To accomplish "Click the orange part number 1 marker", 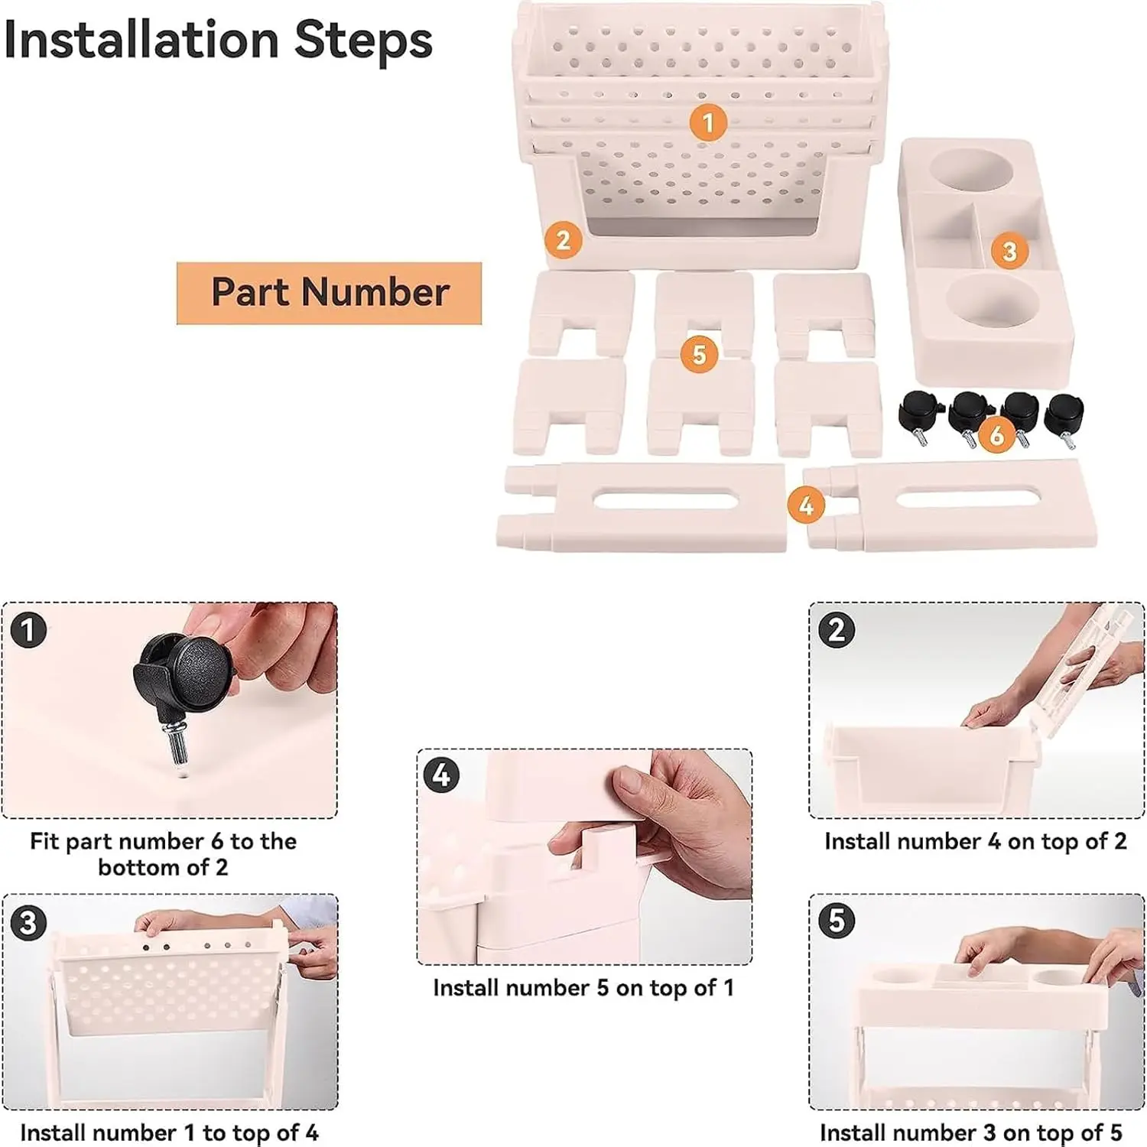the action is pyautogui.click(x=707, y=122).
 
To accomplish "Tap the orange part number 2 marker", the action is pyautogui.click(x=564, y=239).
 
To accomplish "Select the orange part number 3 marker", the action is pyautogui.click(x=1009, y=251).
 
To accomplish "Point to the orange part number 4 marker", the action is pyautogui.click(x=806, y=505).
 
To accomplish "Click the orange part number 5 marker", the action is pyautogui.click(x=699, y=355).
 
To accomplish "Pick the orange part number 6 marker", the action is pyautogui.click(x=996, y=435).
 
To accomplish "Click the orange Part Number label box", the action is pyautogui.click(x=329, y=293).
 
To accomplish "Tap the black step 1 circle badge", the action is pyautogui.click(x=29, y=630).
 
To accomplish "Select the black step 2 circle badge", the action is pyautogui.click(x=837, y=630).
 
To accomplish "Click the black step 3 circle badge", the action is pyautogui.click(x=29, y=922).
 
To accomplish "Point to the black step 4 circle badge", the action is pyautogui.click(x=442, y=776).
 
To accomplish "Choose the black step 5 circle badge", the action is pyautogui.click(x=837, y=921).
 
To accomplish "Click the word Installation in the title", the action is pyautogui.click(x=141, y=40).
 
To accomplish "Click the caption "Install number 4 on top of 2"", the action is pyautogui.click(x=976, y=841).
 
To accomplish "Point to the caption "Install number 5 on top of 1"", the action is pyautogui.click(x=583, y=988).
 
